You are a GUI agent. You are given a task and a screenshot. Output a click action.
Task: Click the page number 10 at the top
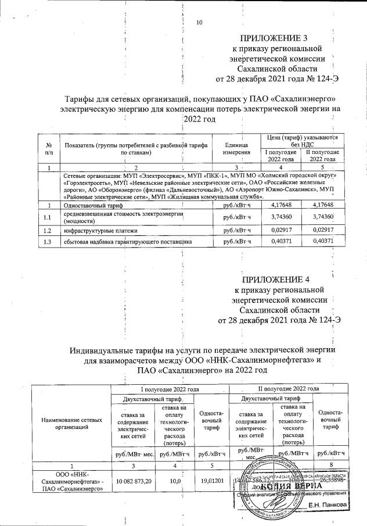click(200, 23)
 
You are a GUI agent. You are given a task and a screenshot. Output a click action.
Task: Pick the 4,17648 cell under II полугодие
click(324, 205)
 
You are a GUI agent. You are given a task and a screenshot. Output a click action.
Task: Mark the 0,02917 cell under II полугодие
click(324, 230)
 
